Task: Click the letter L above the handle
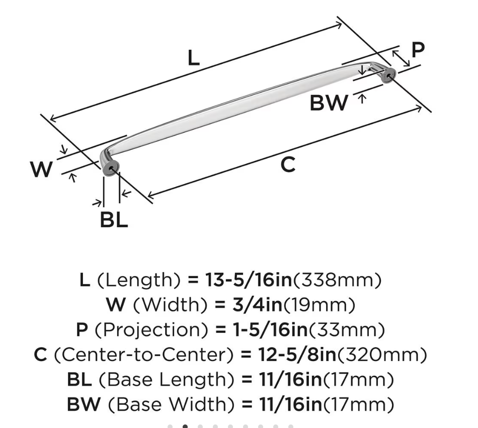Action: tap(194, 58)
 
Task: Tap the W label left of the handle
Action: tap(41, 169)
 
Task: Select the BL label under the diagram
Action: tap(114, 220)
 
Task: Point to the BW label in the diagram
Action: tap(329, 103)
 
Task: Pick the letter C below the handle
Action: tap(288, 164)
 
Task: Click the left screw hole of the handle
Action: tap(111, 168)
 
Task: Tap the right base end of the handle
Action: tap(388, 75)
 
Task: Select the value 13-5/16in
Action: tap(249, 280)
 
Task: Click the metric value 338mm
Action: tap(337, 280)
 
